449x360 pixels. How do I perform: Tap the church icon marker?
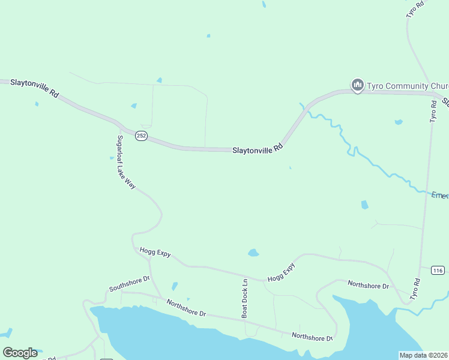(358, 86)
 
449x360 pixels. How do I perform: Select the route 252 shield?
(141, 136)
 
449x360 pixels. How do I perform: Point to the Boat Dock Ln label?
(245, 298)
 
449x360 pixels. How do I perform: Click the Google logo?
(20, 353)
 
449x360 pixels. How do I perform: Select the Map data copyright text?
(423, 355)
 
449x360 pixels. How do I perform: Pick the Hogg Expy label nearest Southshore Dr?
(155, 253)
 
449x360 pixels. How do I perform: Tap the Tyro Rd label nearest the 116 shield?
(415, 289)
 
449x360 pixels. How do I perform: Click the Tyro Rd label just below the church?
(433, 111)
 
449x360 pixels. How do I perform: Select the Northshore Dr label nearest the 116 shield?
(368, 284)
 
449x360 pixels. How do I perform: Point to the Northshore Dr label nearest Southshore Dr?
(186, 308)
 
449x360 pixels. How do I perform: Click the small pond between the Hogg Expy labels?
(253, 253)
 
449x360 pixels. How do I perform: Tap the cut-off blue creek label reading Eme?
(440, 195)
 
